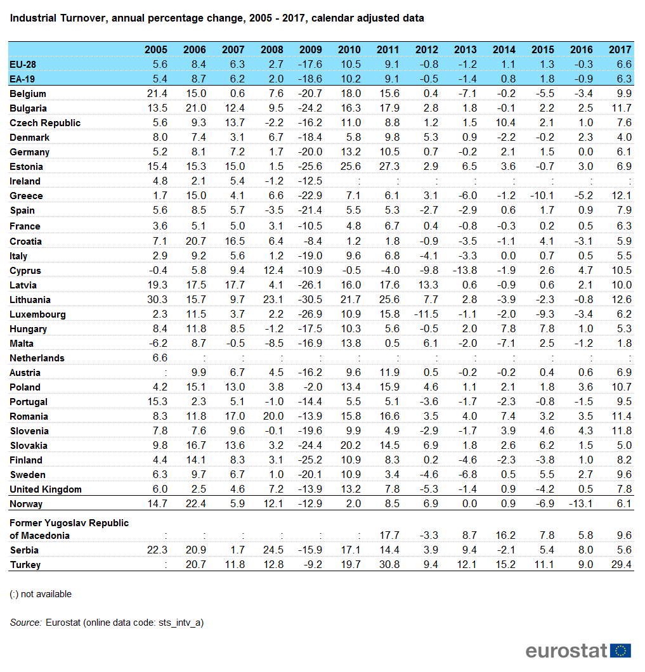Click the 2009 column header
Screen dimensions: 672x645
click(310, 49)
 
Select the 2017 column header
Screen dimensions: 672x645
click(620, 49)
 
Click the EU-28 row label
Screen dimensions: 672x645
click(23, 64)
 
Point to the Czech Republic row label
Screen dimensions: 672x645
click(45, 123)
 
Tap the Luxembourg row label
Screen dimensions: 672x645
click(37, 314)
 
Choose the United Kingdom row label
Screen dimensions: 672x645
click(46, 489)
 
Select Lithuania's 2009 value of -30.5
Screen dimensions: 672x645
click(310, 300)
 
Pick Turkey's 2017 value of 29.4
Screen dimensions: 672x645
click(620, 565)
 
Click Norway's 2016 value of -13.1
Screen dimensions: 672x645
click(581, 504)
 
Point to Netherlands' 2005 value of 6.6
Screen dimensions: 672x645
click(159, 358)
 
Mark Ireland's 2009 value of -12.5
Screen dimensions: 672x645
click(310, 181)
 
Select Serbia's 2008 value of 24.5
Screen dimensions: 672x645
click(271, 550)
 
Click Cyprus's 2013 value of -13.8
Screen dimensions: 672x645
click(465, 271)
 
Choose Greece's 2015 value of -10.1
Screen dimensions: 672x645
click(542, 196)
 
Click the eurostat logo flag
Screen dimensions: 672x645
click(620, 650)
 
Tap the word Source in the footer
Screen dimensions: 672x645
click(25, 623)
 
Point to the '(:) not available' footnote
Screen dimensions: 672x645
click(41, 594)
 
